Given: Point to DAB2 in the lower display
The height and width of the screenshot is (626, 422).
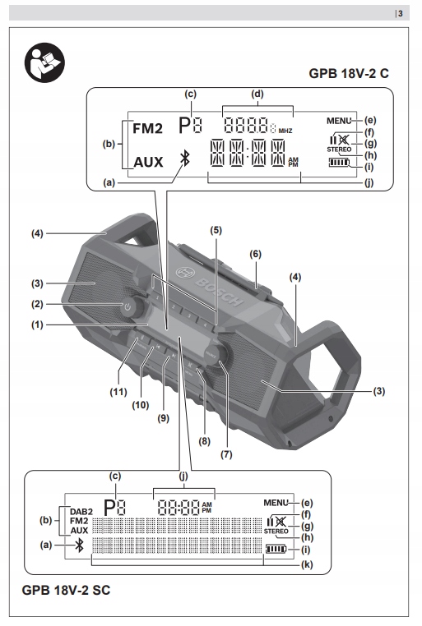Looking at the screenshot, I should pos(81,511).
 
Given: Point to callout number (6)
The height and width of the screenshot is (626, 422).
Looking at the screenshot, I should pos(255,254).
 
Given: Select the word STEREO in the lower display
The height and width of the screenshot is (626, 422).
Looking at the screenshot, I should pos(276,532).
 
